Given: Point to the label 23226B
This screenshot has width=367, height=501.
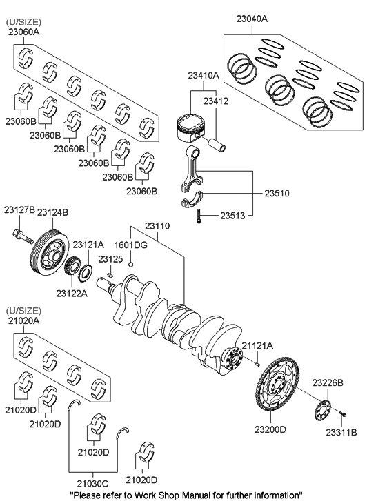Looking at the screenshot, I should (x=328, y=382).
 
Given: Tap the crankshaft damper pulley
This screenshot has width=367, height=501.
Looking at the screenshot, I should (x=47, y=258).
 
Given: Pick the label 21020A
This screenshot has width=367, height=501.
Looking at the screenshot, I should (x=23, y=320).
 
